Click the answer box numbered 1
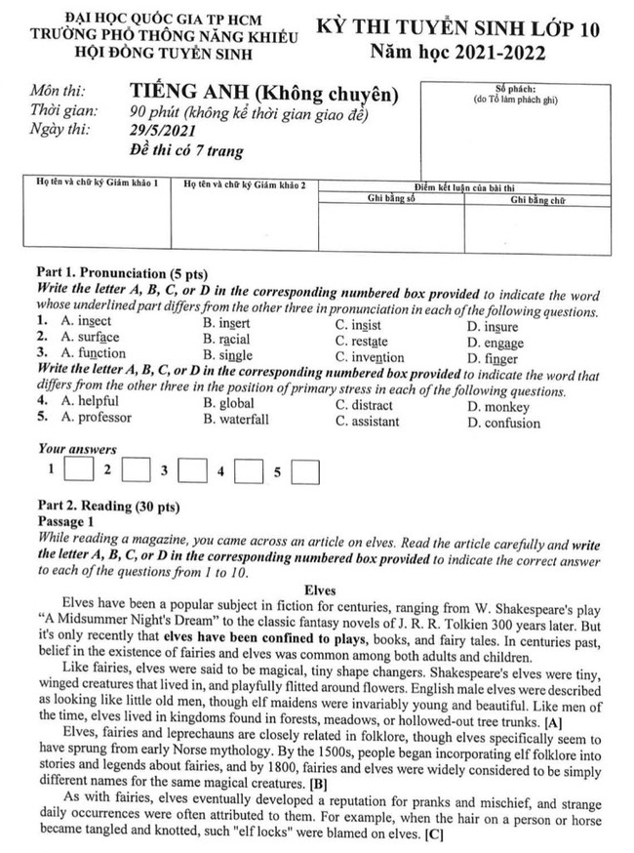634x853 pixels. coord(75,472)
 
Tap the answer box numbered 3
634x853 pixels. coord(193,472)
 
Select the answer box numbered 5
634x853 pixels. coord(306,472)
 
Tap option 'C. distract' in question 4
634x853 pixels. coord(364,405)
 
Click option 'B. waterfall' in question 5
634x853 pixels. coord(236,421)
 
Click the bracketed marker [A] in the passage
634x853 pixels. coord(554,723)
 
